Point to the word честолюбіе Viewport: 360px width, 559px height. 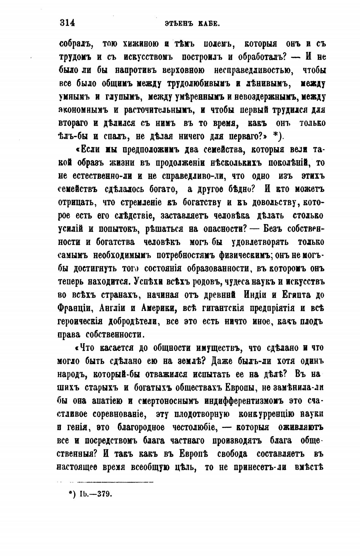(x=194, y=428)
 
